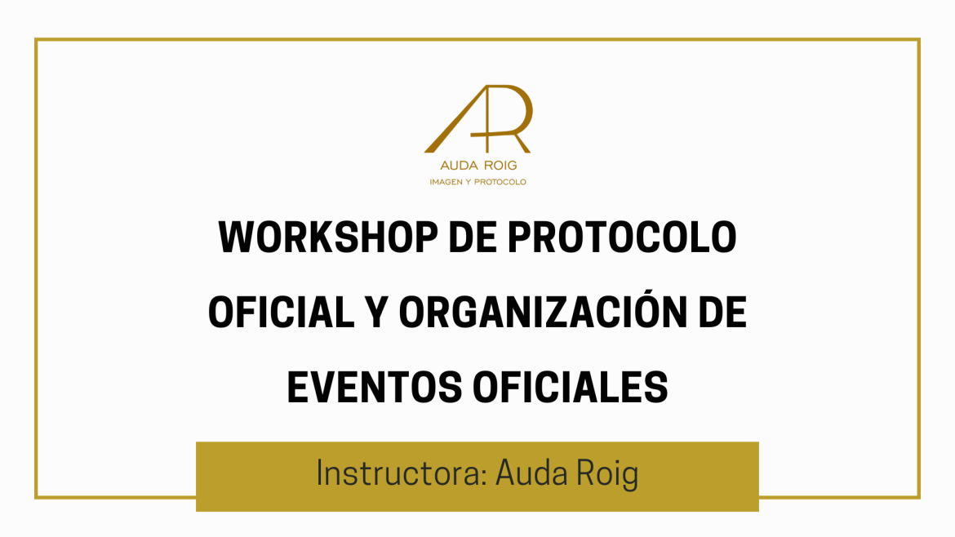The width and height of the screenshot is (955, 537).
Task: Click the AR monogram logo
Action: pyautogui.click(x=478, y=119)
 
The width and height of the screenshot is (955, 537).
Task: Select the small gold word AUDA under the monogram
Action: pyautogui.click(x=460, y=166)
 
